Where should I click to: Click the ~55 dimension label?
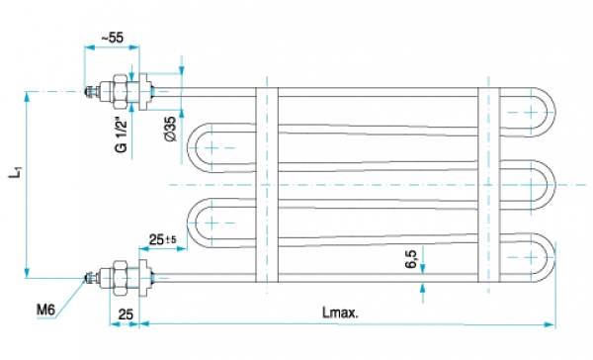click(x=113, y=38)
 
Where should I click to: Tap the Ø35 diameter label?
click(x=171, y=129)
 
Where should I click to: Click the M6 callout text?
click(x=45, y=311)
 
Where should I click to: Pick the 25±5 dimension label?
click(x=163, y=239)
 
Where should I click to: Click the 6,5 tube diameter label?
click(x=411, y=258)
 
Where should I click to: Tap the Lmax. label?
click(x=340, y=313)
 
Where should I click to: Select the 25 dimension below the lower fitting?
click(x=126, y=315)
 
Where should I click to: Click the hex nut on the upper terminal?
click(x=120, y=91)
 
